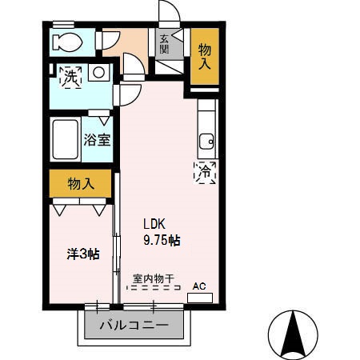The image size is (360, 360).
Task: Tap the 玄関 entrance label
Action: click(164, 43)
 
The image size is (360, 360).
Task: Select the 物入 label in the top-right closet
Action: click(204, 56)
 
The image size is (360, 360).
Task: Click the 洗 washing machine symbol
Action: click(71, 77)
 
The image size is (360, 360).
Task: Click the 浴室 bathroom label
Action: click(97, 139)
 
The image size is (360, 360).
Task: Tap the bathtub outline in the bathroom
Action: click(64, 142)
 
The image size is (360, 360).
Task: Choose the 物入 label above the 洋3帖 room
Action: click(81, 183)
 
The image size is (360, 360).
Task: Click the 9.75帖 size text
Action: click(162, 239)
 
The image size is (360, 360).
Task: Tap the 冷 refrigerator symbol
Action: click(204, 171)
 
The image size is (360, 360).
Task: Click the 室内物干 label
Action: click(150, 278)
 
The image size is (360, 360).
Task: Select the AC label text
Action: click(199, 285)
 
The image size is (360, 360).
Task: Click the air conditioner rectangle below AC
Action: click(200, 297)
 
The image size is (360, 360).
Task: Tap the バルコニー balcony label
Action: click(134, 326)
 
